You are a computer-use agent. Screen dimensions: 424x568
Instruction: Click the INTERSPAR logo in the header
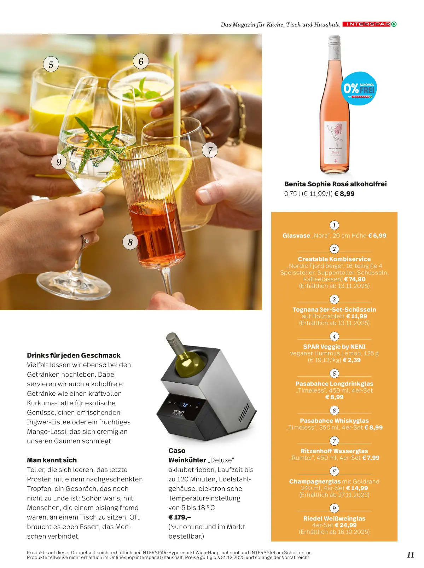pyautogui.click(x=369, y=24)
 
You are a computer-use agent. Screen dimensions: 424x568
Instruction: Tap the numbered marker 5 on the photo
pyautogui.click(x=51, y=64)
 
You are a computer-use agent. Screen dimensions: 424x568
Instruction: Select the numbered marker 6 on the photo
pyautogui.click(x=141, y=61)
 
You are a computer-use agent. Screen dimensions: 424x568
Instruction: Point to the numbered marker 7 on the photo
pyautogui.click(x=210, y=150)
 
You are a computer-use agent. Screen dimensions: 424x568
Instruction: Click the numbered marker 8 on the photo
pyautogui.click(x=130, y=242)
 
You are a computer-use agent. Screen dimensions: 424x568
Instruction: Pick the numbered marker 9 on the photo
pyautogui.click(x=59, y=162)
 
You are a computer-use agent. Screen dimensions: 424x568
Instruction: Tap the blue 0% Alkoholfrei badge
pyautogui.click(x=359, y=88)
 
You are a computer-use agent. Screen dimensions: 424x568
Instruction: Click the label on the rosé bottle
pyautogui.click(x=336, y=142)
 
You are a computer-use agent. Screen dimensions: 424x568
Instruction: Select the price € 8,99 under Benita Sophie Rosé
pyautogui.click(x=344, y=193)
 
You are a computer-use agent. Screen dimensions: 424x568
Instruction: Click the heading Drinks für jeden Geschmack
pyautogui.click(x=74, y=355)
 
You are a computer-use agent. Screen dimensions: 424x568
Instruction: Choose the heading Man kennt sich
pyautogui.click(x=52, y=460)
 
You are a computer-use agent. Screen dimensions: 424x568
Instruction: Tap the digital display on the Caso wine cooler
pyautogui.click(x=184, y=405)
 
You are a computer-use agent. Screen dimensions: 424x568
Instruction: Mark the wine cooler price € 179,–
pyautogui.click(x=180, y=517)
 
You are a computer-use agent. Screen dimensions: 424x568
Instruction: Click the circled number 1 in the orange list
pyautogui.click(x=334, y=225)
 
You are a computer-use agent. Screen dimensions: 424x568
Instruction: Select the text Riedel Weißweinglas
pyautogui.click(x=334, y=518)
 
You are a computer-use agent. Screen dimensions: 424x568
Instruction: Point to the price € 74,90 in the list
pyautogui.click(x=355, y=279)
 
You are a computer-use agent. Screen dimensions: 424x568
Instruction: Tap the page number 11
pyautogui.click(x=411, y=555)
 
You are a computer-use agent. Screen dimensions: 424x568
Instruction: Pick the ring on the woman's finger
pyautogui.click(x=85, y=240)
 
